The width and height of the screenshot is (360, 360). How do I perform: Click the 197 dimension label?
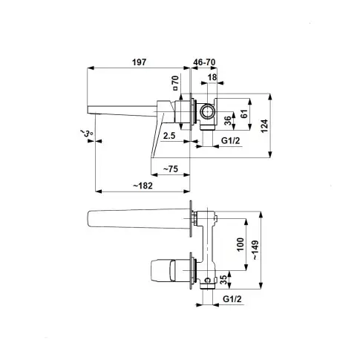tap(139, 62)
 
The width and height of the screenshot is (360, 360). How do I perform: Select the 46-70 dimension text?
tap(204, 62)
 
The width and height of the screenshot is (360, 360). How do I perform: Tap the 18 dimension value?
tap(212, 77)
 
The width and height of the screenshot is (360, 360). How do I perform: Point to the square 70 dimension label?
tap(175, 83)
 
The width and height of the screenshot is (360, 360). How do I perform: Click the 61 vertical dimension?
tap(243, 114)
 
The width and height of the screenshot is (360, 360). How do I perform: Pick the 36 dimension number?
tap(229, 120)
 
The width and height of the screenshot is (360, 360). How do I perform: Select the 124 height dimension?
tap(264, 126)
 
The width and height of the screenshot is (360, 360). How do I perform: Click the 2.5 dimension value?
tap(169, 136)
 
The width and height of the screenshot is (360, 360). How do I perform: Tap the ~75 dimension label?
tap(171, 169)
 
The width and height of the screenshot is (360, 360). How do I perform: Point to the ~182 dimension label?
tap(143, 186)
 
